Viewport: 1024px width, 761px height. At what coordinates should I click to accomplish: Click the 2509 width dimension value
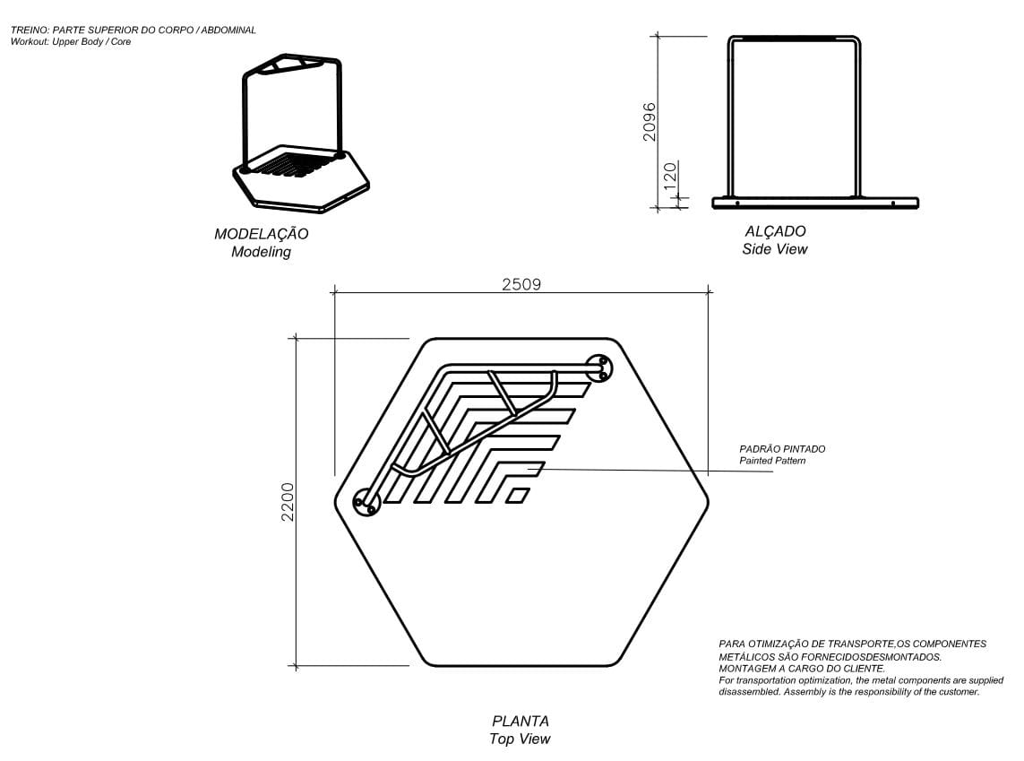[521, 284]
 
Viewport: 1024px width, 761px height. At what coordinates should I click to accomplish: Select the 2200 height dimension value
[288, 502]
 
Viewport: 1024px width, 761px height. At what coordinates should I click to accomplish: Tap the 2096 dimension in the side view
[650, 121]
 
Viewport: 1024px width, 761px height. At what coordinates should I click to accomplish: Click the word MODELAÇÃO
[261, 234]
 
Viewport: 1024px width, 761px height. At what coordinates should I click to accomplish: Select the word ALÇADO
[775, 231]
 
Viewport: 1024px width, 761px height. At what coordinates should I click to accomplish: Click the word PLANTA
[520, 721]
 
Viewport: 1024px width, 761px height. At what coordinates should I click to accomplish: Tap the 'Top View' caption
[520, 739]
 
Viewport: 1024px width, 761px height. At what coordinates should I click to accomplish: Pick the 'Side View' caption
[775, 249]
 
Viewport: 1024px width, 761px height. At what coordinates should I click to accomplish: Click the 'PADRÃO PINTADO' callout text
[782, 449]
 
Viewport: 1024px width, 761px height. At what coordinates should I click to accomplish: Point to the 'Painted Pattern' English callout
[772, 461]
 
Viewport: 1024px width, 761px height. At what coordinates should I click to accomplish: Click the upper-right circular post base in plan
[599, 368]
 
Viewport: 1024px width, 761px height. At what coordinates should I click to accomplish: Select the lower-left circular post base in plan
[366, 503]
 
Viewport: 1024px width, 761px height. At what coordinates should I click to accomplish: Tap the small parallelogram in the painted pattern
[517, 494]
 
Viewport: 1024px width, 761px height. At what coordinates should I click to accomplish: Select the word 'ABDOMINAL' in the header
[228, 30]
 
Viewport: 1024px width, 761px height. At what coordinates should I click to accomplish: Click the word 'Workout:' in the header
[30, 42]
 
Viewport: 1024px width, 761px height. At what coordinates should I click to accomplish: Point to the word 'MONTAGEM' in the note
[744, 669]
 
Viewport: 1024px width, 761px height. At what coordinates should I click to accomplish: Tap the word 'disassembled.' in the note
[749, 692]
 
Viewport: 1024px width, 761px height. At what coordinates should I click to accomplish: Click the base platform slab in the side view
[814, 203]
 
